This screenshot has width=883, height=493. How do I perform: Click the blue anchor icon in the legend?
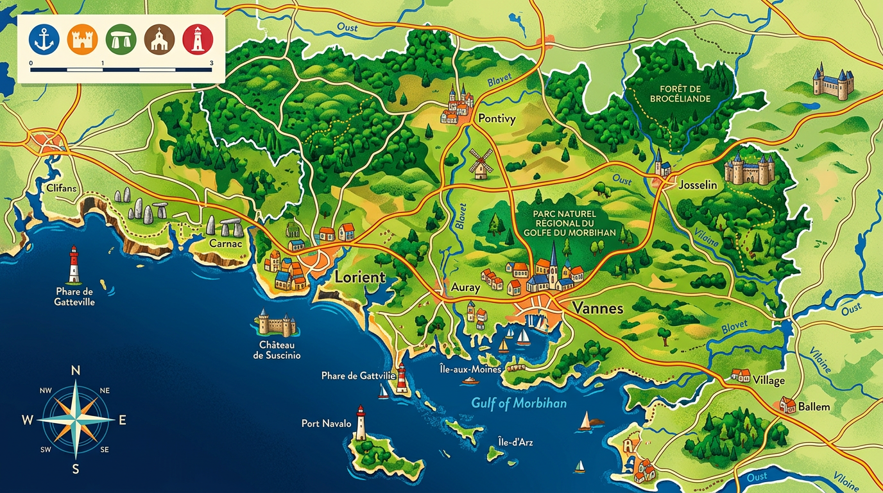point(44,39)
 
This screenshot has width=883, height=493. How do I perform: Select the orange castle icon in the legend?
point(82,39)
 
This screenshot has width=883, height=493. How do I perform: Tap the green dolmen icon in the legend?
point(121,39)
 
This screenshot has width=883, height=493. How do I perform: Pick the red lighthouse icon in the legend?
point(198,39)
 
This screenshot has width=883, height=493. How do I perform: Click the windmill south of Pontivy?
point(480,164)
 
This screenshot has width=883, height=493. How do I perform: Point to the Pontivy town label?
point(497,119)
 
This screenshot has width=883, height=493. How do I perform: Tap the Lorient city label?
point(359,277)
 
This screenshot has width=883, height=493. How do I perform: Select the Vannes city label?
point(597,308)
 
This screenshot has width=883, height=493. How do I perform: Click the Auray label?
point(465,288)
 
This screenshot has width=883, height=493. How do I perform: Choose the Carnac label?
point(225,244)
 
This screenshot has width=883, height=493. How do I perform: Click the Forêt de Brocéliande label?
point(679,94)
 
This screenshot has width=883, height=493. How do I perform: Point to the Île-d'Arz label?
point(515,442)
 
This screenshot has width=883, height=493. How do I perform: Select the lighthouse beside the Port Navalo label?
point(361,423)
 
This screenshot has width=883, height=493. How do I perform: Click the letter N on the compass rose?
point(75,370)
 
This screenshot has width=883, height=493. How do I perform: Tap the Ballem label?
point(813,406)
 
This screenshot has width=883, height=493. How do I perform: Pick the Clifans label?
point(62,188)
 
